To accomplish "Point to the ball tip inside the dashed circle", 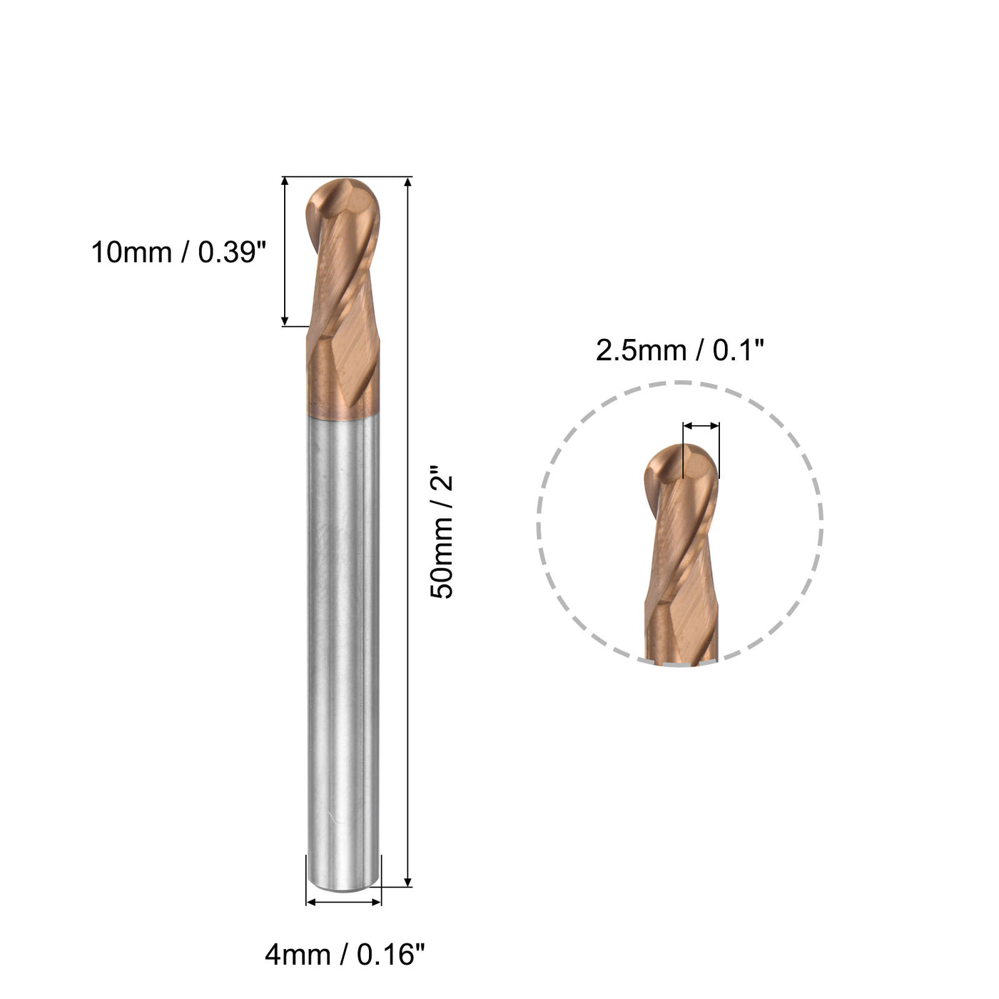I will coord(681,464).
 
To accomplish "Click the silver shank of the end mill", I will coord(343,642).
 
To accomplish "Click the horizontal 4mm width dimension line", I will coord(344,902).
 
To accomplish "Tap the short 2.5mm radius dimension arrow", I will coord(701,426).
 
